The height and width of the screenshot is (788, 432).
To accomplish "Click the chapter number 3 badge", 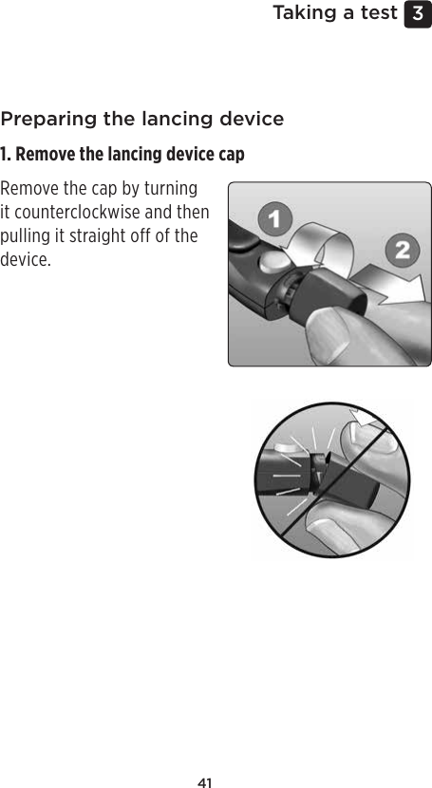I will pos(416,14).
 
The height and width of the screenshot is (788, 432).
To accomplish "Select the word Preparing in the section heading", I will pos(47,120).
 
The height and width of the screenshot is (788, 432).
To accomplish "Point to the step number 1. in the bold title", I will pos(7,155).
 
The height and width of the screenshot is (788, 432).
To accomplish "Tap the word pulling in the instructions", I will pos(28,235).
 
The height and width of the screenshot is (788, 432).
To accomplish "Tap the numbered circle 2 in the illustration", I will pos(403,252).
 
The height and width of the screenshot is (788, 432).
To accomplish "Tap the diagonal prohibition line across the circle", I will pos(332,479).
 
